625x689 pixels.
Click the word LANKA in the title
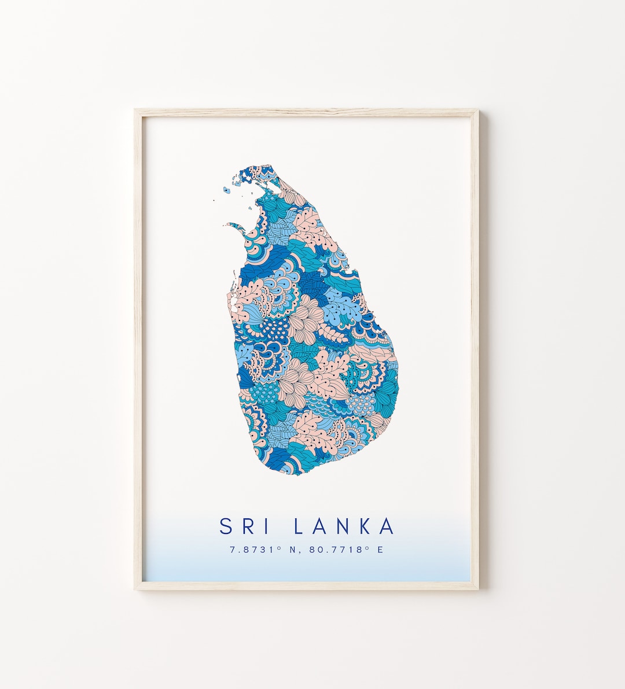(x=344, y=526)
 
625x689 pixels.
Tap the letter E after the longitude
(x=380, y=549)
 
